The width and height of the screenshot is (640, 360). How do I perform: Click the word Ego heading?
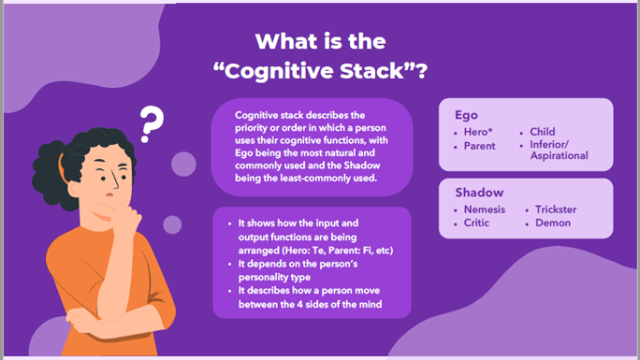pyautogui.click(x=467, y=116)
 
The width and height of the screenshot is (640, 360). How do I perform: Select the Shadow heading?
pyautogui.click(x=479, y=192)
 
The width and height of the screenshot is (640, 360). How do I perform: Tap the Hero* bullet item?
pyautogui.click(x=483, y=132)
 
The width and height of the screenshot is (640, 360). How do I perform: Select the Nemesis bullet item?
pyautogui.click(x=485, y=209)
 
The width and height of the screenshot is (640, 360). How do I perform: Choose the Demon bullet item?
pyautogui.click(x=553, y=223)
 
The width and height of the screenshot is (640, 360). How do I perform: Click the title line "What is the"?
pyautogui.click(x=320, y=42)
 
